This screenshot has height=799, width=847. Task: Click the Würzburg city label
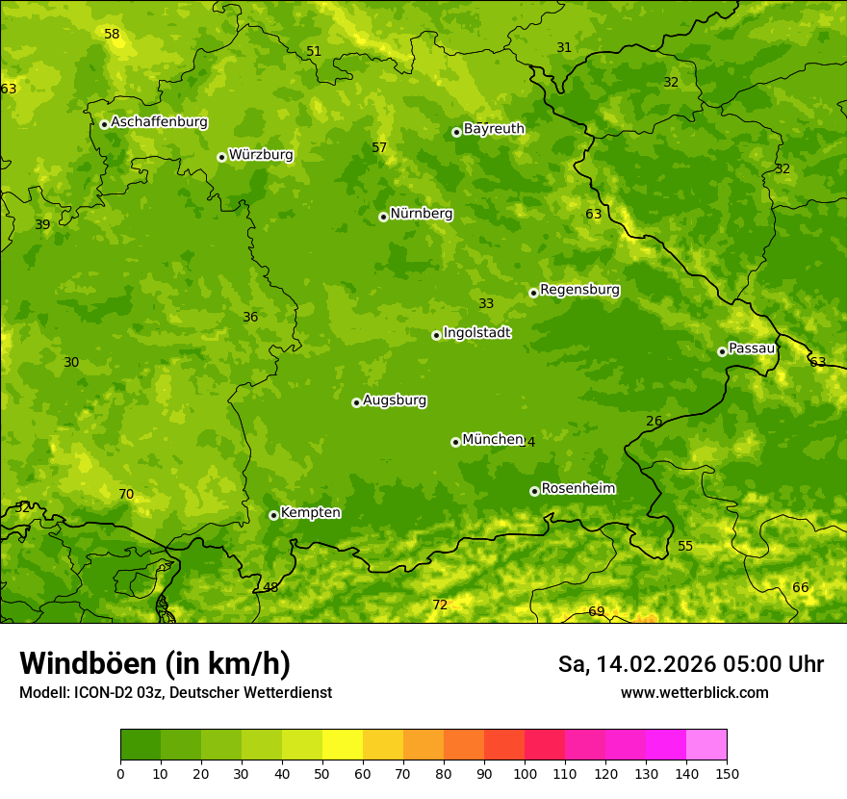click(261, 155)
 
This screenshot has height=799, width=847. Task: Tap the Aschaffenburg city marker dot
click(104, 124)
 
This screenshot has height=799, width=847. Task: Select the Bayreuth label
click(494, 129)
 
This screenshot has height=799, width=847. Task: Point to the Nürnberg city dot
click(383, 217)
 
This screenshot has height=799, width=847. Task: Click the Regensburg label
click(579, 290)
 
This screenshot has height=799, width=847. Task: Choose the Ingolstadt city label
click(476, 333)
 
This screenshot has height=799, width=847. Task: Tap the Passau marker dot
click(722, 351)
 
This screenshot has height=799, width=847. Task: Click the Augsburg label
click(395, 400)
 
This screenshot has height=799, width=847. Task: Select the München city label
click(493, 440)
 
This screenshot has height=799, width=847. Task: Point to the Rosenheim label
click(577, 489)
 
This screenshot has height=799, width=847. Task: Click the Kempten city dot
click(273, 515)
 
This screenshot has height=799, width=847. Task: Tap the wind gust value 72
click(440, 606)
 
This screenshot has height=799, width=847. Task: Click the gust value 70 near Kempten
click(126, 495)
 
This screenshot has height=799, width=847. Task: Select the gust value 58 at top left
click(112, 35)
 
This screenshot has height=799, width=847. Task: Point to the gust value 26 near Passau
click(654, 422)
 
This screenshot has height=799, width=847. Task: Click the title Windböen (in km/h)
click(155, 663)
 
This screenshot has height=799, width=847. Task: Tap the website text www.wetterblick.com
click(694, 693)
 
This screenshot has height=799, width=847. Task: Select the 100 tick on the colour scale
click(525, 773)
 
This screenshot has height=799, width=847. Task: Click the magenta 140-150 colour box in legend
click(706, 744)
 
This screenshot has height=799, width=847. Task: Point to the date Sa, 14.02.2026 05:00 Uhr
click(690, 664)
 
